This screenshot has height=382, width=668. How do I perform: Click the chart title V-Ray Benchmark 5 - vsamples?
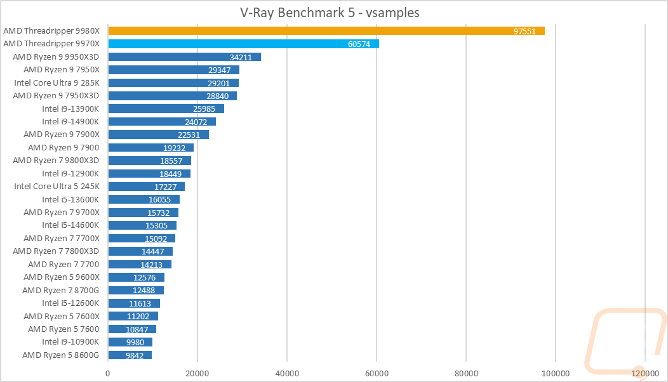tap(330, 13)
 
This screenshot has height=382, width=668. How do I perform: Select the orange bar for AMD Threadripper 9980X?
tap(326, 30)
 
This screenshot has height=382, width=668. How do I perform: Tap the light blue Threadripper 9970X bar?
tap(244, 44)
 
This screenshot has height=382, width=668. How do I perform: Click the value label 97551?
tap(524, 31)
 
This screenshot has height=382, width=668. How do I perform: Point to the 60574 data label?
tap(359, 44)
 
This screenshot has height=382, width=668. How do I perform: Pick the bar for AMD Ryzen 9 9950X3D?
tap(185, 57)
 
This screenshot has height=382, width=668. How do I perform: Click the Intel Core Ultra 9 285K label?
tap(57, 82)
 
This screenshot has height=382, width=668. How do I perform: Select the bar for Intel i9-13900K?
tap(166, 109)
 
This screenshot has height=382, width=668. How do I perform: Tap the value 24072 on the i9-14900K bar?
tap(196, 122)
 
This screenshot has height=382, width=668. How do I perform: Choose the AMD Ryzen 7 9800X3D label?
tap(56, 160)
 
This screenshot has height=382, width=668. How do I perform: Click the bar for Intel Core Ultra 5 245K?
tap(147, 187)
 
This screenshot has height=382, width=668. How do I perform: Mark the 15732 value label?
tap(159, 213)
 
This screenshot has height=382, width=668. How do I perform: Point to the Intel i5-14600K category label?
tap(70, 225)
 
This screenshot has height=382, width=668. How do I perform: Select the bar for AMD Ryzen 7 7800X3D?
tap(140, 251)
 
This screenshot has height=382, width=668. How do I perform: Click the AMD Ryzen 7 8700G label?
tap(60, 290)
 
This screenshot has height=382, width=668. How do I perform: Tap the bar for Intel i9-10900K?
tap(130, 342)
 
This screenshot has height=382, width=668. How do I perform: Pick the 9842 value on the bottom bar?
tap(135, 355)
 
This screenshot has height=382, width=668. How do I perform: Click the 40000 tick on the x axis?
tap(287, 374)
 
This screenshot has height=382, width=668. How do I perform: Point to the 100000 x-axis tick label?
tap(555, 374)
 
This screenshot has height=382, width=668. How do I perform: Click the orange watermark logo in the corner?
tap(625, 341)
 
